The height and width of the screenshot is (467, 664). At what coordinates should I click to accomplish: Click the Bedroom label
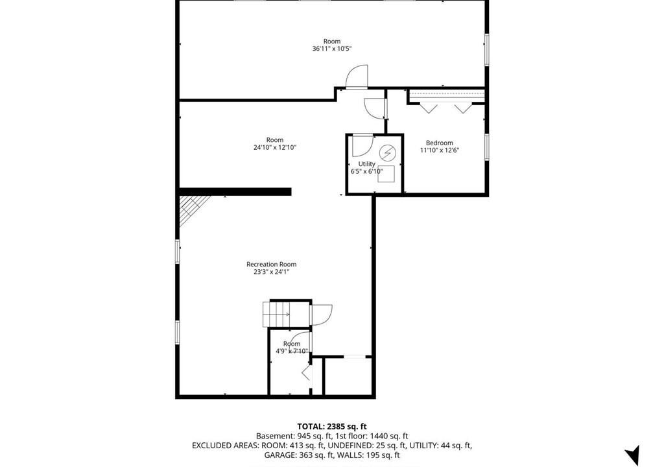click(439, 143)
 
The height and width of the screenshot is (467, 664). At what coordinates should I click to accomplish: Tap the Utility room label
click(367, 164)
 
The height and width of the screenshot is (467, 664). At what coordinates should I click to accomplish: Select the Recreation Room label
click(272, 264)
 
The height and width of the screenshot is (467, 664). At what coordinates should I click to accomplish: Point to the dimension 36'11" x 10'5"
click(332, 49)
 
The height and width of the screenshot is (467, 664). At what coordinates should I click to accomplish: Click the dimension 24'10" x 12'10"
click(275, 147)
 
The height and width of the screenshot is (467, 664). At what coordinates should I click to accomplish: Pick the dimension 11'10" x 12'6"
click(440, 150)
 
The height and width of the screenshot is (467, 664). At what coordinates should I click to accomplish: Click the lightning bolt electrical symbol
click(386, 152)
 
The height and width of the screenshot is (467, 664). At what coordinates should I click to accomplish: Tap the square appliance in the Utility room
click(386, 174)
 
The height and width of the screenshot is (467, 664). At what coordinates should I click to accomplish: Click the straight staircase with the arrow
click(277, 314)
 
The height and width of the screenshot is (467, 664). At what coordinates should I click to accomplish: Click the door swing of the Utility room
click(362, 145)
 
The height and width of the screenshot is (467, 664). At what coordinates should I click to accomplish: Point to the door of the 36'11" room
click(357, 77)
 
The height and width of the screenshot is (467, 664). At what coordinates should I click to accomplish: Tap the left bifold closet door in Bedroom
click(429, 108)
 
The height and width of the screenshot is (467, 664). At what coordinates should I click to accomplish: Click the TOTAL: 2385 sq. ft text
click(332, 426)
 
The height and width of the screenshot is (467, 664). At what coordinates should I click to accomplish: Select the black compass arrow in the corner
click(632, 455)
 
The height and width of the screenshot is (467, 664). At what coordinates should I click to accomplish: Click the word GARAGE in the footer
click(279, 455)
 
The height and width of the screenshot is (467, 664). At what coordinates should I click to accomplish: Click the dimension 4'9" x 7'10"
click(292, 351)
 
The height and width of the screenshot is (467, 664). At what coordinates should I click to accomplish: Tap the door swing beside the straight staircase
click(322, 315)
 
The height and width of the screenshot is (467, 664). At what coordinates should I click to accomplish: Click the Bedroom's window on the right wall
click(487, 147)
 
